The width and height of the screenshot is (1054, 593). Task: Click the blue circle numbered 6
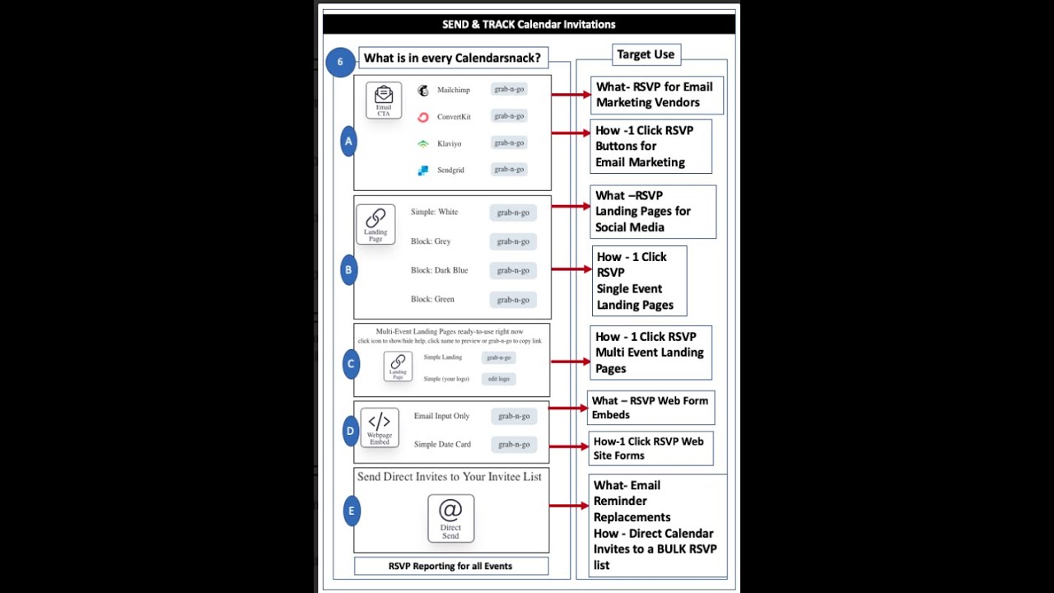point(340,62)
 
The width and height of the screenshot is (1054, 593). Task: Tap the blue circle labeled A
point(348,142)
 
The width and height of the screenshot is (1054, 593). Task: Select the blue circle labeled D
point(350,431)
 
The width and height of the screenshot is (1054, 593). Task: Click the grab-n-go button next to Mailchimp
point(509,89)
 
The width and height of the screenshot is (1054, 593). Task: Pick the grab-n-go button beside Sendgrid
point(509,170)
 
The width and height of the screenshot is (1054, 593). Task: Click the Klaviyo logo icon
point(423,143)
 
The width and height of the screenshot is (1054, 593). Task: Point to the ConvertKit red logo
point(423,117)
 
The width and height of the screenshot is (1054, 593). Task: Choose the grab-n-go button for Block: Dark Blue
point(513,270)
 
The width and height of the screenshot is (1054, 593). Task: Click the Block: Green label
point(432,299)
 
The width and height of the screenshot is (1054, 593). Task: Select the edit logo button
point(499,379)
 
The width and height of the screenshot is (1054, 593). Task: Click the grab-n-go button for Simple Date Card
point(514,445)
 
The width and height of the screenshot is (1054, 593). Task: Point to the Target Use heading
point(646,54)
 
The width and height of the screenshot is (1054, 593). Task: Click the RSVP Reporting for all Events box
point(450,566)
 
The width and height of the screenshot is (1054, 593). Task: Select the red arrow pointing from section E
point(569,506)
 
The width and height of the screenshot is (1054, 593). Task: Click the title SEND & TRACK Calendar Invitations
point(529,24)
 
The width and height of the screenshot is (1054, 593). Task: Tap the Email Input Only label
point(441,416)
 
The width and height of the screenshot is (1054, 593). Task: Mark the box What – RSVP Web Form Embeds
point(651,408)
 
